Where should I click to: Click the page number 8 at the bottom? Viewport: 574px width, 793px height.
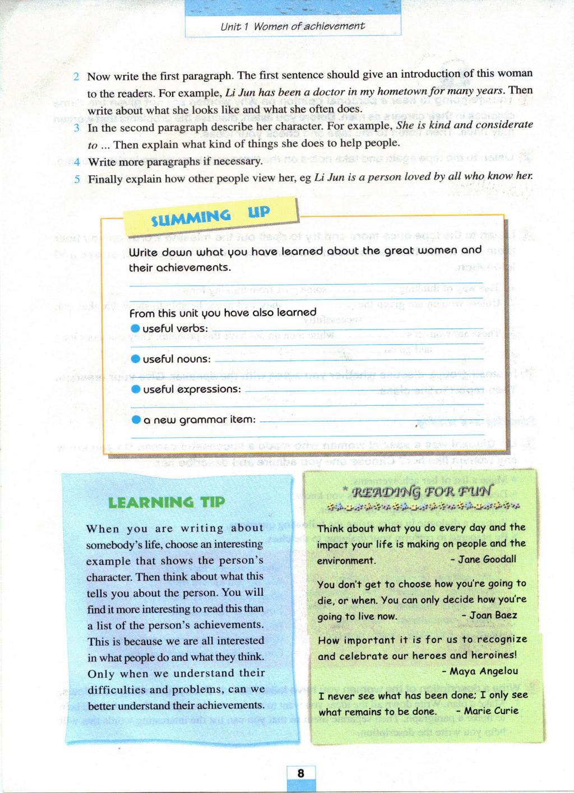click(x=301, y=773)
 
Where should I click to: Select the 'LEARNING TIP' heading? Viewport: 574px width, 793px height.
click(x=166, y=502)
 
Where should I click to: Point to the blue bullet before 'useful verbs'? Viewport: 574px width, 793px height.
click(x=135, y=328)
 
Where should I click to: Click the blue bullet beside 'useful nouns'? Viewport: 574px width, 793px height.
click(x=135, y=359)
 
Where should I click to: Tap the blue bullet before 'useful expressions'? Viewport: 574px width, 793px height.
click(x=136, y=389)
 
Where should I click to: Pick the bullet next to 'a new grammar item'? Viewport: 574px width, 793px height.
click(x=136, y=419)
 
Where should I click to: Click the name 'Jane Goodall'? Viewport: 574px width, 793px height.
click(x=487, y=559)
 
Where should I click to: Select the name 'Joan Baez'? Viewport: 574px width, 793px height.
click(x=493, y=615)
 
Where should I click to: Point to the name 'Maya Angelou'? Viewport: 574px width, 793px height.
click(x=483, y=671)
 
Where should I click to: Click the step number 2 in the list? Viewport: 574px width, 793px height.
click(x=76, y=77)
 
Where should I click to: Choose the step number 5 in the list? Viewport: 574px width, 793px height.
click(x=77, y=179)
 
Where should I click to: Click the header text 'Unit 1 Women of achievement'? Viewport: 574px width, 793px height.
click(x=292, y=26)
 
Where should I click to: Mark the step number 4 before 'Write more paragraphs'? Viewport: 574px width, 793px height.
click(x=77, y=163)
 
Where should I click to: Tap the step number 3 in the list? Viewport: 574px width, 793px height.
click(x=76, y=128)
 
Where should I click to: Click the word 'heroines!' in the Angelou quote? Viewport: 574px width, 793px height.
click(x=493, y=655)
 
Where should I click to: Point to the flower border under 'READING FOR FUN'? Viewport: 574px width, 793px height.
click(x=423, y=507)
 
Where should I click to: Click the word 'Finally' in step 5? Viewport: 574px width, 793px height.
click(x=105, y=179)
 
